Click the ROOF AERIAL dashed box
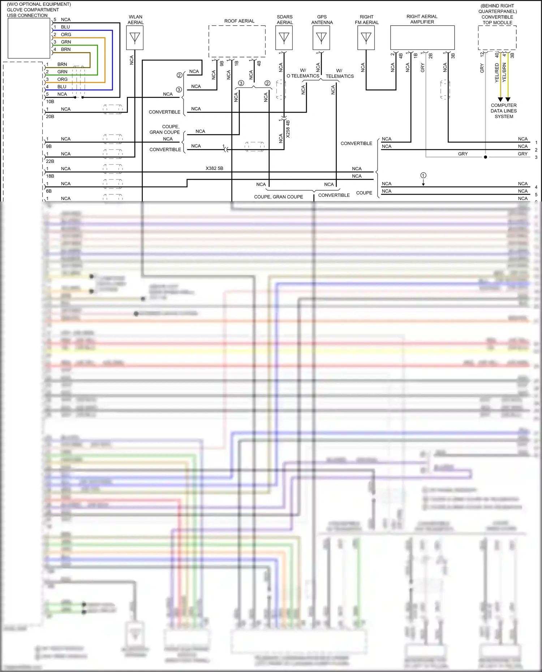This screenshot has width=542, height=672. [237, 41]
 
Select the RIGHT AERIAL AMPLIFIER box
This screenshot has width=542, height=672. [422, 38]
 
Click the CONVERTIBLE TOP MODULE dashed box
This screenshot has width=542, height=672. [497, 38]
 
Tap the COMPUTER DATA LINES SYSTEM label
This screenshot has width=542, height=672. [504, 111]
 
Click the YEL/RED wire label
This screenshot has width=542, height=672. [497, 72]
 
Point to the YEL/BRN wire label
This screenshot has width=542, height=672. [504, 72]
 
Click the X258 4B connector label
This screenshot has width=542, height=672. [288, 129]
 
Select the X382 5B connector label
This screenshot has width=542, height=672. [214, 168]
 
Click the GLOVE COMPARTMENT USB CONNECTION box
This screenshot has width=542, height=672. [29, 38]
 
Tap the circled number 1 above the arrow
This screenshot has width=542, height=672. [423, 175]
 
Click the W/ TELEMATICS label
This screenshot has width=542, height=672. [340, 74]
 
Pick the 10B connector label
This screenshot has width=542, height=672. [50, 101]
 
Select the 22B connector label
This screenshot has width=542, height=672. [50, 161]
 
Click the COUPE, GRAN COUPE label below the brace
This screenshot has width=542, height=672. [278, 197]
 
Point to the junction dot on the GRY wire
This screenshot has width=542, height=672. [485, 157]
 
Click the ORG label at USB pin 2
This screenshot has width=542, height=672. [66, 35]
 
